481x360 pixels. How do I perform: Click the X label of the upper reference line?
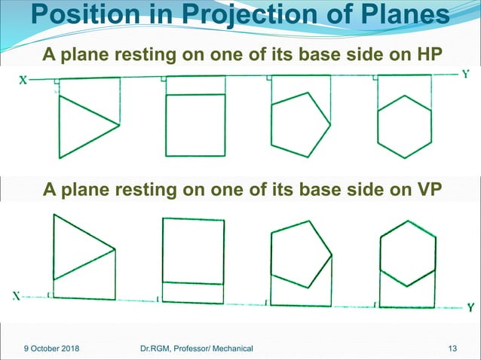click(23, 82)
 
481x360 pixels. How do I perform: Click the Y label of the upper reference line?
click(467, 74)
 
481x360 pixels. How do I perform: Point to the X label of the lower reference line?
click(15, 296)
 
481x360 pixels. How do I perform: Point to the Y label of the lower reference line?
click(470, 307)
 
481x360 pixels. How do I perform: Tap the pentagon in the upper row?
click(300, 124)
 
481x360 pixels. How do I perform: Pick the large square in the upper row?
click(195, 124)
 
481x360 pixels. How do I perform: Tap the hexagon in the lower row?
click(407, 253)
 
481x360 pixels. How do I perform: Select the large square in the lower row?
click(194, 250)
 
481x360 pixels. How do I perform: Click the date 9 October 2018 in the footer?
click(47, 348)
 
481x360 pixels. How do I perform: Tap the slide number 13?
click(452, 348)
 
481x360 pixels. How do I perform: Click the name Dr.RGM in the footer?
click(157, 348)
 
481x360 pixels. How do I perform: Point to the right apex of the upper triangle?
click(119, 124)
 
